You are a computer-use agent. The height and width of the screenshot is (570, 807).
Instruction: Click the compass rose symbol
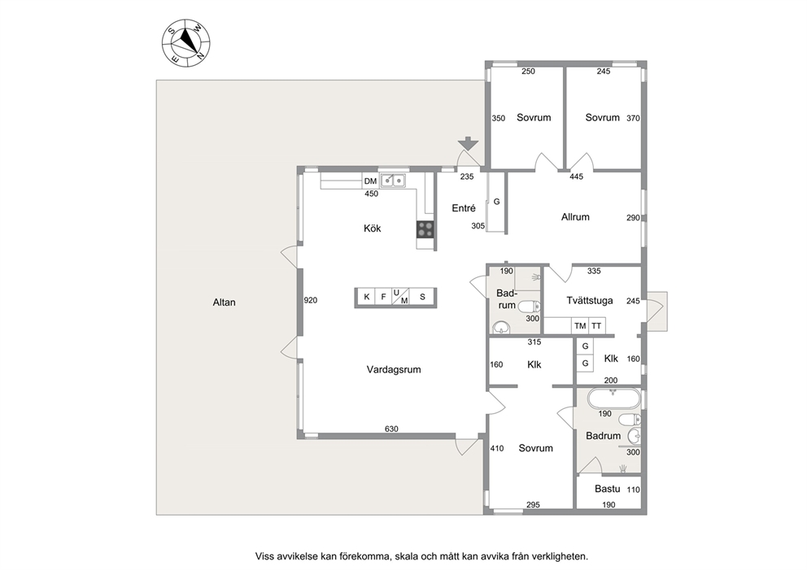coord(185,42)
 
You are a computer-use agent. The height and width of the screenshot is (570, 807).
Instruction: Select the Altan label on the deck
coord(224,302)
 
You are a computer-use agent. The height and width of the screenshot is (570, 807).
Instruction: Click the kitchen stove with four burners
coord(425,229)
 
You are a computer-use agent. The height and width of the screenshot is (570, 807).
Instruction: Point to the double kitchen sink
coord(393,181)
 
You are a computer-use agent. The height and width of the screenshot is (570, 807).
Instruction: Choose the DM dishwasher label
coord(371,181)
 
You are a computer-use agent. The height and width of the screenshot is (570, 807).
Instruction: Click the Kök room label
coord(372,228)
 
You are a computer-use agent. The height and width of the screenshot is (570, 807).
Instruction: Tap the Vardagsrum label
coord(394,369)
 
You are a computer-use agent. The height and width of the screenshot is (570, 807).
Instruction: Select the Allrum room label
coord(575,217)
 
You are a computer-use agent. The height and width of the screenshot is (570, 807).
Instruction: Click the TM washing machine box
coord(580,325)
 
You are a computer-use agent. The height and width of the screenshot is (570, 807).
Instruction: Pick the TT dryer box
coord(596,325)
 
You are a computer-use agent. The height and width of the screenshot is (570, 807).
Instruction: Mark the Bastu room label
coord(608,489)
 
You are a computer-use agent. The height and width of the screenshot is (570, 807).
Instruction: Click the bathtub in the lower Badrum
coord(614,399)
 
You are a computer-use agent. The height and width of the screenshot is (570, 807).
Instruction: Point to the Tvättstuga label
coord(590,300)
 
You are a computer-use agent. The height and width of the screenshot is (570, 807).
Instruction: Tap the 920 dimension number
coord(310,300)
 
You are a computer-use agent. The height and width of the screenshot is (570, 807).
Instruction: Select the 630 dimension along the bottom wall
coord(391,429)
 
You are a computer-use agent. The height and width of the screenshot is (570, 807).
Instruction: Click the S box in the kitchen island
coord(422,297)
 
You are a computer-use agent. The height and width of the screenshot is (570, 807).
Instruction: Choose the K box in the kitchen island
coord(366,297)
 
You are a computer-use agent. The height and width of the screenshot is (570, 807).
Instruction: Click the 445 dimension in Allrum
coord(577,177)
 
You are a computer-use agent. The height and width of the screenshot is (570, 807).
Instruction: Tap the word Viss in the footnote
coord(264,556)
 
